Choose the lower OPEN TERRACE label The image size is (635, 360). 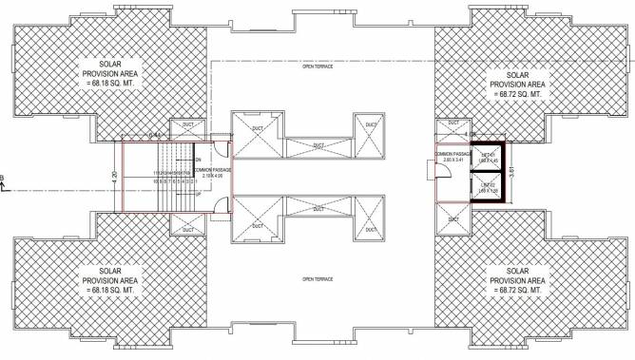(315, 279)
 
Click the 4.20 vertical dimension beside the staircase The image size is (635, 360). (115, 177)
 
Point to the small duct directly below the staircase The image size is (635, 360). (186, 225)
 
